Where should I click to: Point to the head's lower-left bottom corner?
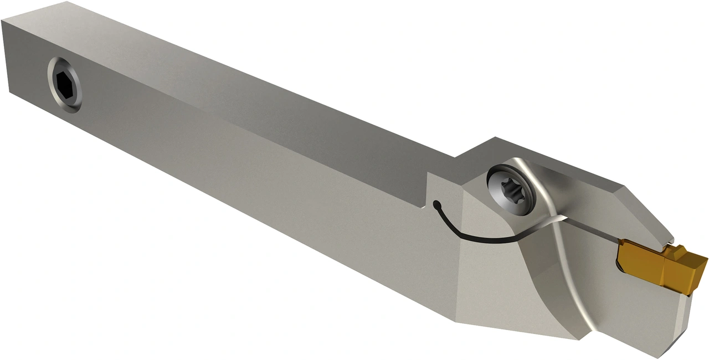(x=456, y=322)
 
